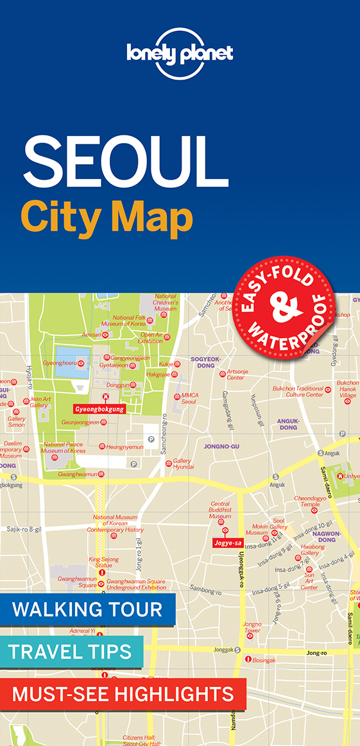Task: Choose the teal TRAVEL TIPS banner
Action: coord(70,652)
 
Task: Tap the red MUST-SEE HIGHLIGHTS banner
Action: coord(123,693)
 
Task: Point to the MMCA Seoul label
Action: coord(188,399)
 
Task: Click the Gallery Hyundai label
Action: coord(183,464)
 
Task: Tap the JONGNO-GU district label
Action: coord(221,446)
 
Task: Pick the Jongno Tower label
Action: coord(252,627)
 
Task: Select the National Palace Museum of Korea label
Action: coord(64,447)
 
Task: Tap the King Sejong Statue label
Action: coord(104,562)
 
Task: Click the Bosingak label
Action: coord(263,659)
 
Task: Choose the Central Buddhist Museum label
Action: coord(220,510)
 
